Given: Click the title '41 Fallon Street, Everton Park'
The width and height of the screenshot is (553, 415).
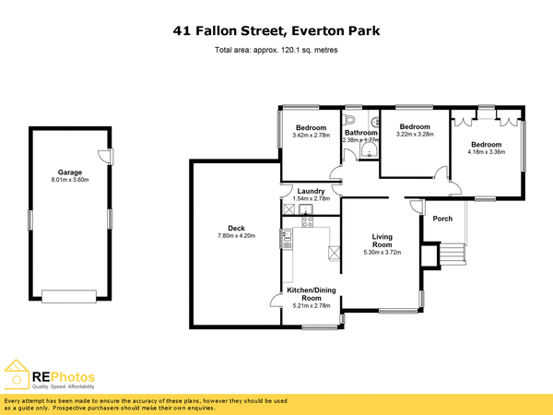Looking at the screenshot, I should point(276,31).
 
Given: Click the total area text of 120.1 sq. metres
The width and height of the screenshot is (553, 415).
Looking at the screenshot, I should point(276,50).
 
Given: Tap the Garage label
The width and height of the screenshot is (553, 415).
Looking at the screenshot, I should point(69,172).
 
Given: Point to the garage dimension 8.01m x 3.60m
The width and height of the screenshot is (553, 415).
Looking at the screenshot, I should point(69,181).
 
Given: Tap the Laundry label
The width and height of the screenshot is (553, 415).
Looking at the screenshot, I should point(310,191).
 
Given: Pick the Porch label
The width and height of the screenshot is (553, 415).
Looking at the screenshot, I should point(442,219).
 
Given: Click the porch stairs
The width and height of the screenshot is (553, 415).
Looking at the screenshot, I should point(452,254).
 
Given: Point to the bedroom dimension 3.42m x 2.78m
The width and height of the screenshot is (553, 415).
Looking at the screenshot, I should point(311,136).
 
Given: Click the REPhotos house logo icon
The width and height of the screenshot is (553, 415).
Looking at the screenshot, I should point(17,375).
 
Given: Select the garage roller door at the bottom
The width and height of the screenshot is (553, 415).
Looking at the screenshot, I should point(69,295).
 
